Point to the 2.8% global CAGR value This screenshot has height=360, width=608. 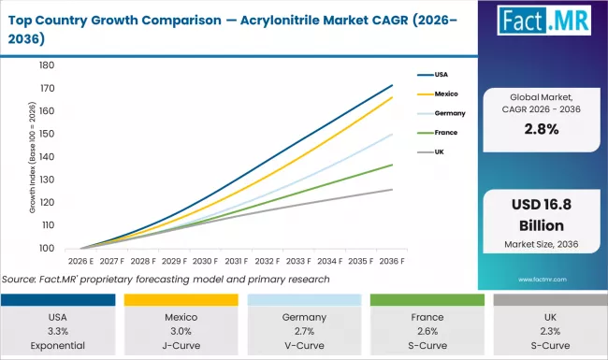pos(540,131)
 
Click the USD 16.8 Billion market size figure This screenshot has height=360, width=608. pos(540,215)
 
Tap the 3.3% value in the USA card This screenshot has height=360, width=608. pos(59,331)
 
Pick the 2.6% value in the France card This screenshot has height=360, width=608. pos(427,331)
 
